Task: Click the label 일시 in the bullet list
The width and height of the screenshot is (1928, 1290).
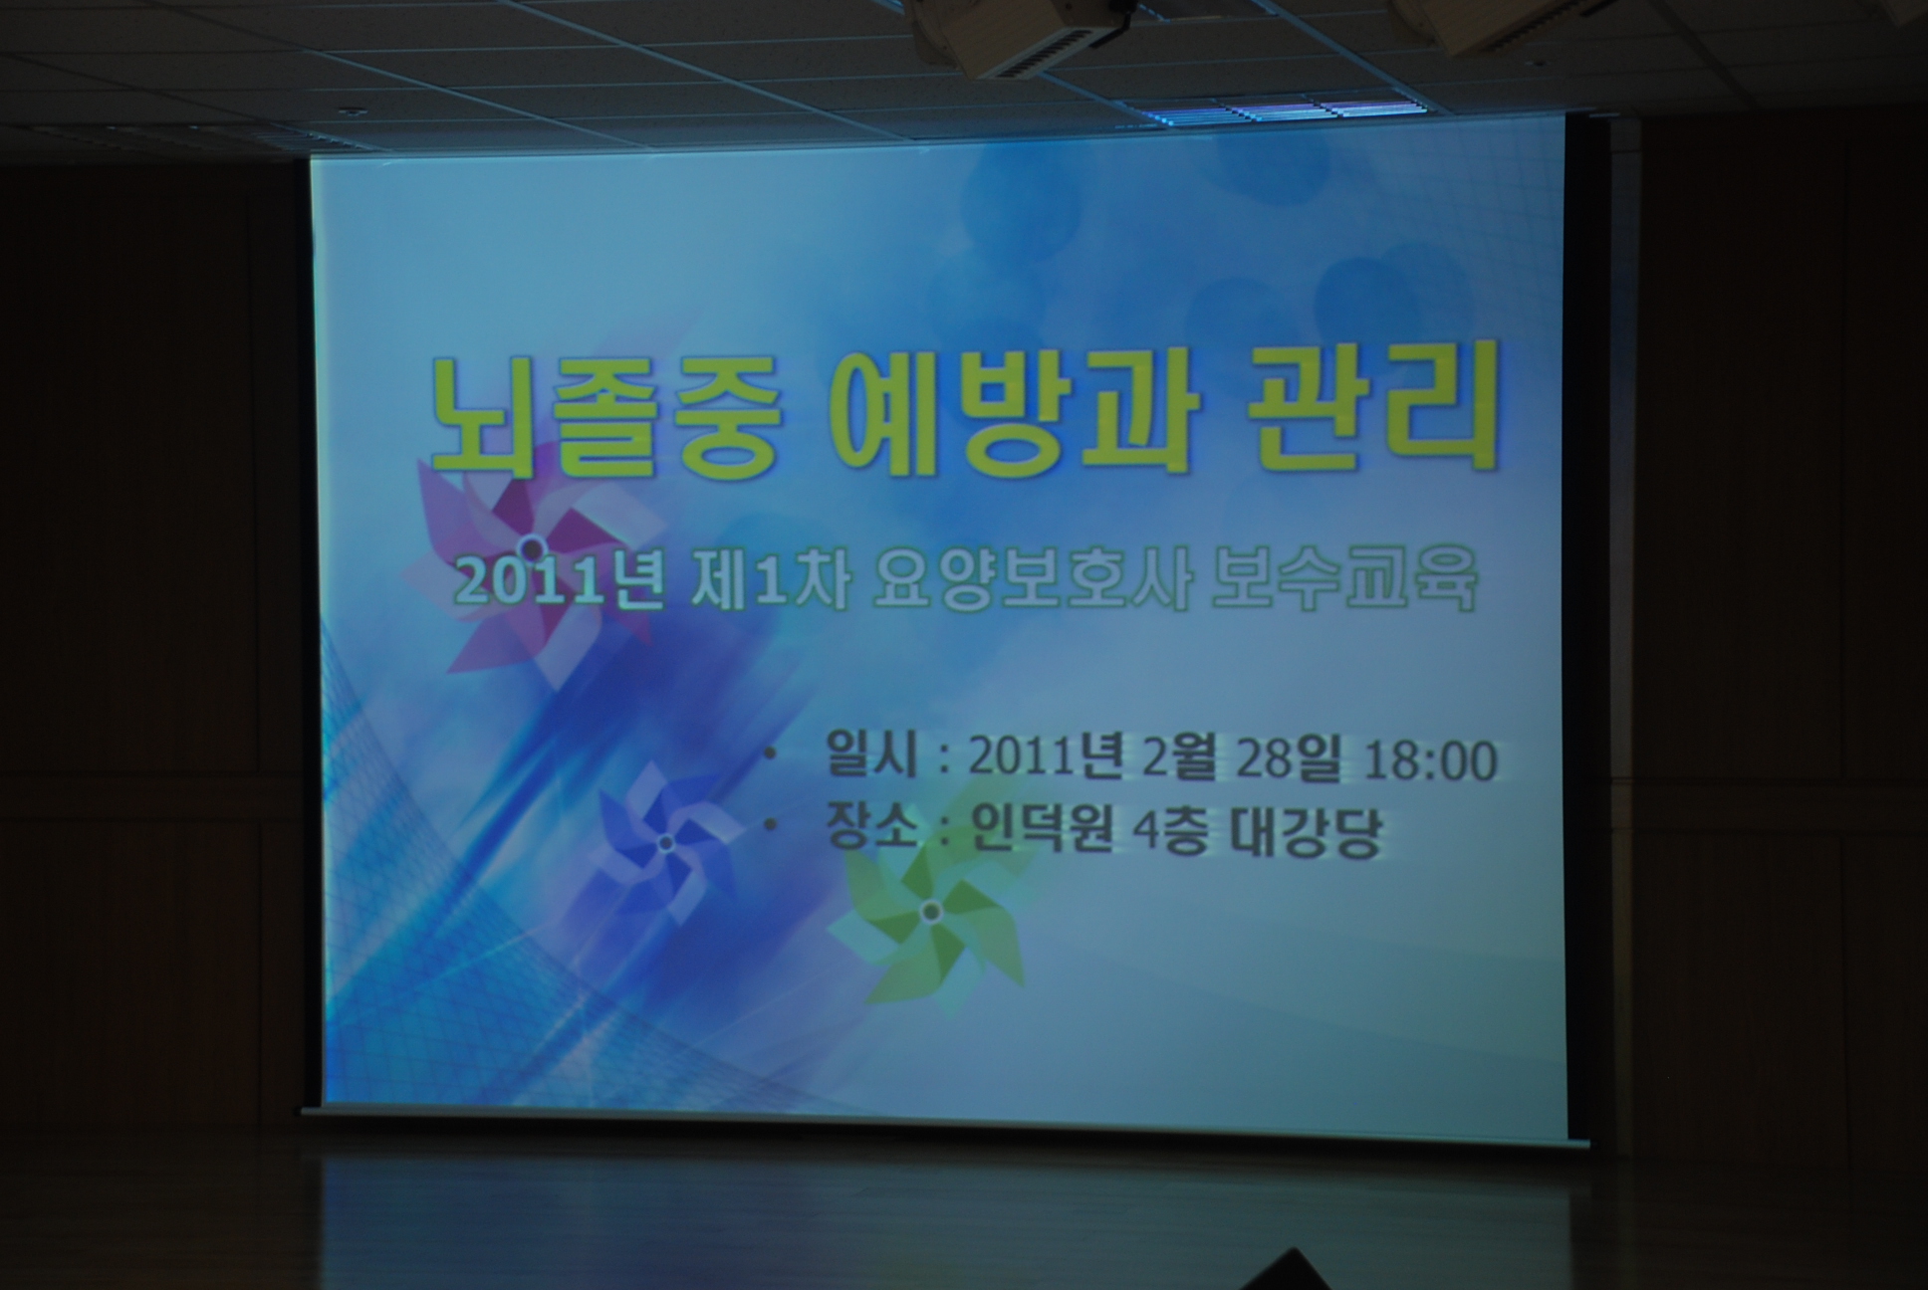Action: point(870,757)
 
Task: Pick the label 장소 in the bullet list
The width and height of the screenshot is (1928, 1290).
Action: point(870,829)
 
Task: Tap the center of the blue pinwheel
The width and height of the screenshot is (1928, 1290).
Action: point(666,843)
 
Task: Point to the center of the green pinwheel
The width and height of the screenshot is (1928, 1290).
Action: point(930,911)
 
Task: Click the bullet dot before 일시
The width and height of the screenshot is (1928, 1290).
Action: point(769,754)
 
